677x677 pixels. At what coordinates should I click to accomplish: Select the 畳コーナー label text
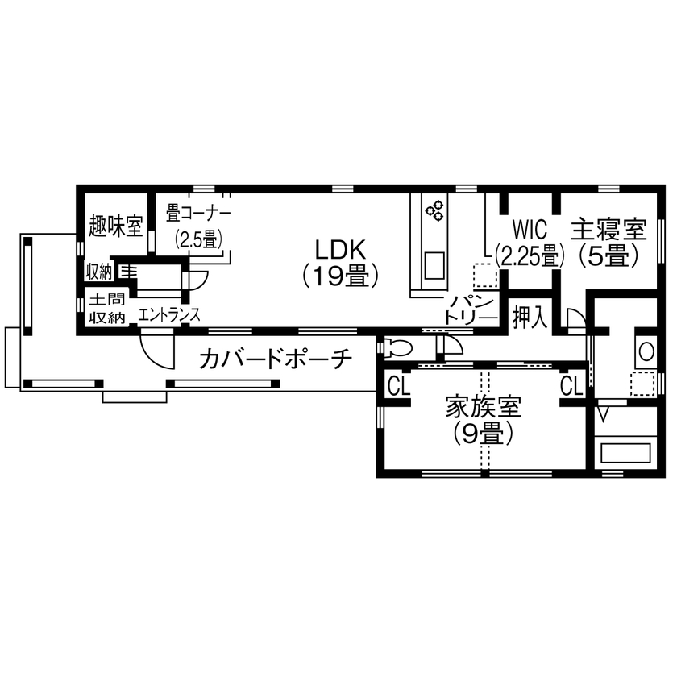(x=198, y=215)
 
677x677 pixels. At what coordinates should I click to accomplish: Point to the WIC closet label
(x=528, y=228)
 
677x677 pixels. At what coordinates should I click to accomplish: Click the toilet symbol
(x=397, y=348)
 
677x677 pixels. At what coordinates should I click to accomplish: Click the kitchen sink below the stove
(x=434, y=264)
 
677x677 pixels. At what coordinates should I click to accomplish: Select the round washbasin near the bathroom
(x=646, y=351)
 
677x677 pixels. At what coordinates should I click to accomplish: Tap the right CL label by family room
(x=571, y=385)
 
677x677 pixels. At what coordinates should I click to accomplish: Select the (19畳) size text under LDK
(x=340, y=276)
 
